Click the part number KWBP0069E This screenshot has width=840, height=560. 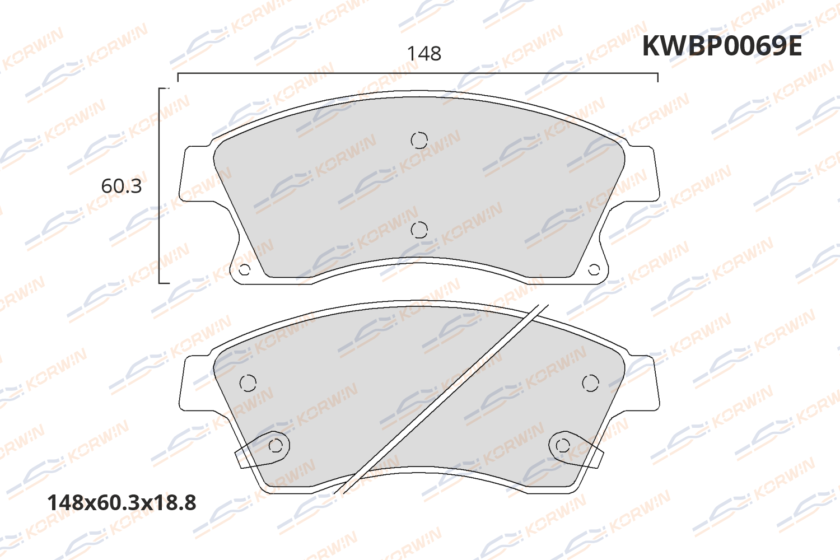[721, 46]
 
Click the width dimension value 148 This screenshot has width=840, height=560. [424, 54]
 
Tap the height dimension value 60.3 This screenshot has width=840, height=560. [121, 186]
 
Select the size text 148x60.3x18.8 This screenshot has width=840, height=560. [122, 503]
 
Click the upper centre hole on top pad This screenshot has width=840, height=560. [419, 140]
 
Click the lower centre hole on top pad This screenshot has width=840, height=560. [419, 230]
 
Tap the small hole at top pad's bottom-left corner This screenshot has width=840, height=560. [244, 270]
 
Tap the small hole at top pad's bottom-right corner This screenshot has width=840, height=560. [594, 270]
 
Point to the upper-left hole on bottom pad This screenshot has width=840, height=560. [248, 383]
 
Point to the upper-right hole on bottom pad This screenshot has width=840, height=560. [590, 383]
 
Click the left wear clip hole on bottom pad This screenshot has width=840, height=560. [276, 446]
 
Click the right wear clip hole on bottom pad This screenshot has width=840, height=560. [563, 446]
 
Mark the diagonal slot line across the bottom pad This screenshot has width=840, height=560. [442, 400]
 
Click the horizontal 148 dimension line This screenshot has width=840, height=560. [417, 73]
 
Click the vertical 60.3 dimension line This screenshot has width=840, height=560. [160, 185]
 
